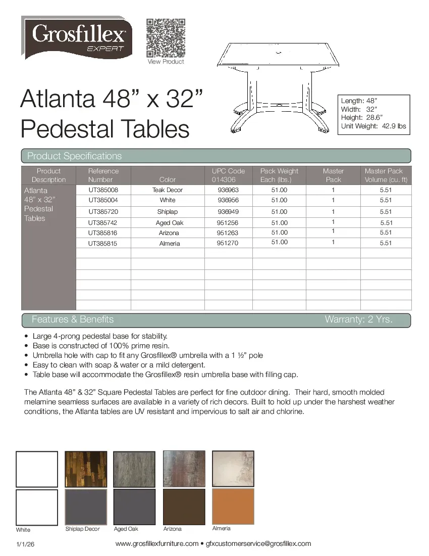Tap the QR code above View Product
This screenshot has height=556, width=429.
[165, 38]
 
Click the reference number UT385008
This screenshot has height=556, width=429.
[103, 190]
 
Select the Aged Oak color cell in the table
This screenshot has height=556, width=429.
[170, 223]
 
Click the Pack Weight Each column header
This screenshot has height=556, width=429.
[279, 175]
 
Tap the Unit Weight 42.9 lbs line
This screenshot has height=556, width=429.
[373, 126]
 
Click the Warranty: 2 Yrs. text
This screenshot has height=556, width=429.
[358, 319]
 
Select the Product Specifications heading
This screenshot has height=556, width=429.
[74, 156]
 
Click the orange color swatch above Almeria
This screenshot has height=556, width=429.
[233, 506]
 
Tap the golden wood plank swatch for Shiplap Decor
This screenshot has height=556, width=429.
[86, 469]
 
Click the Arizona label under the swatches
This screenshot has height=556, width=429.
[172, 529]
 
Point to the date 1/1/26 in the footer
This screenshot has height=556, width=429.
[25, 544]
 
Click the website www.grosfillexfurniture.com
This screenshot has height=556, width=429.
[157, 544]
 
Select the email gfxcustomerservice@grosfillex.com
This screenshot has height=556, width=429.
[258, 544]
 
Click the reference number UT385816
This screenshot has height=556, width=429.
[103, 233]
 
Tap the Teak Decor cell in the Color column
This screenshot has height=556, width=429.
[168, 190]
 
